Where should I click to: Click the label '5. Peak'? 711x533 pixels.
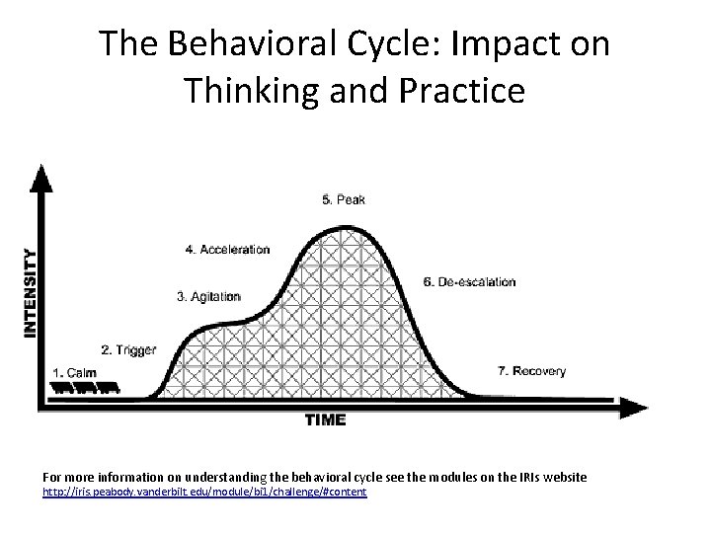344,199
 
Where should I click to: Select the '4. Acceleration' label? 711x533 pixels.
227,250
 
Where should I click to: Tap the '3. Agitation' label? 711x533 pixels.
209,295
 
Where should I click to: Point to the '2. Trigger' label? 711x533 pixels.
128,350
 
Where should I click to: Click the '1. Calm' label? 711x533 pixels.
76,372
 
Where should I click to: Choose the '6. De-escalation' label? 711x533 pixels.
469,281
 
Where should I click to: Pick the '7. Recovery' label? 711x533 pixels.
532,371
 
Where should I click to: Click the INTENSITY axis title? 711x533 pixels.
32,293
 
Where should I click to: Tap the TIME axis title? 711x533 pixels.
325,420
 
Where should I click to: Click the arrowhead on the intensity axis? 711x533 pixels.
40,177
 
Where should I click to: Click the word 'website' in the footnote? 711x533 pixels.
562,478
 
